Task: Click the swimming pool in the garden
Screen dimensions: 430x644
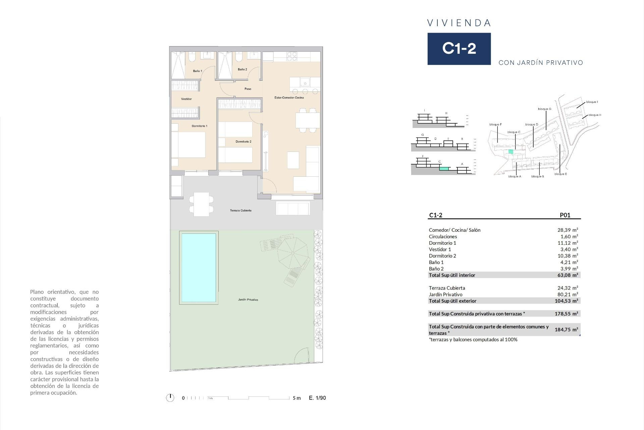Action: click(x=199, y=267)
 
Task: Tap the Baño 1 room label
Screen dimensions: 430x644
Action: click(x=198, y=71)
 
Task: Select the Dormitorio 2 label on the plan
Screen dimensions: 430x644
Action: click(x=243, y=141)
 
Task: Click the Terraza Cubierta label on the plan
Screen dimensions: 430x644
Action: click(x=240, y=210)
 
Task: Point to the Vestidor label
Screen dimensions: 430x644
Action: click(x=186, y=99)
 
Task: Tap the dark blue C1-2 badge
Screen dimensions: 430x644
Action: click(x=459, y=49)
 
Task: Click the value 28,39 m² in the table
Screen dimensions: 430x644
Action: click(x=568, y=230)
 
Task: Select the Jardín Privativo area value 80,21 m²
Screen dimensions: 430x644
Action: click(x=568, y=295)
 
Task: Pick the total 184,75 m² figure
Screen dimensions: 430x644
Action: click(x=566, y=330)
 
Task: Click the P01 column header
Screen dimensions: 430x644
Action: click(x=565, y=215)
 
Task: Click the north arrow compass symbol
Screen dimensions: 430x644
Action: click(x=170, y=398)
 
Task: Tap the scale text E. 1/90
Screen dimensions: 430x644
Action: click(x=317, y=398)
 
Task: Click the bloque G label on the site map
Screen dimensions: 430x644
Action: click(x=544, y=109)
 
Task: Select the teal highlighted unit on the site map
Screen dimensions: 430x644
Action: click(x=511, y=152)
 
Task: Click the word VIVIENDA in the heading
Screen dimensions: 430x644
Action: click(x=459, y=23)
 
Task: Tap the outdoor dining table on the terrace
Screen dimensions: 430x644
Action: click(x=201, y=204)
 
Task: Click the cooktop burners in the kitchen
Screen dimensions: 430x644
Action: click(x=291, y=56)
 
